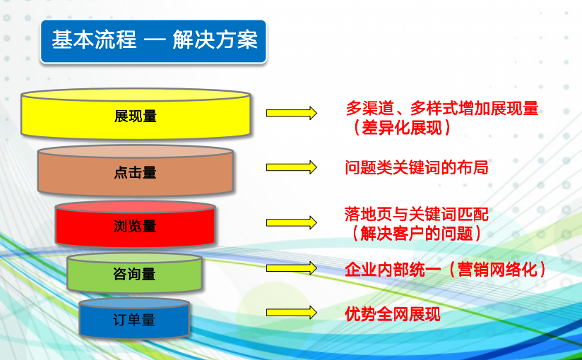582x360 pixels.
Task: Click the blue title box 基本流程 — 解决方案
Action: (153, 41)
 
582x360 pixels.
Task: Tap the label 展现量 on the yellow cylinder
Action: (136, 116)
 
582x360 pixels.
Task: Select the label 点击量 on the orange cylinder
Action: (136, 172)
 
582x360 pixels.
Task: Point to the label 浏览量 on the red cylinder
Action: (135, 226)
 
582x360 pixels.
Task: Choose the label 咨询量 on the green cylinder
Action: (134, 274)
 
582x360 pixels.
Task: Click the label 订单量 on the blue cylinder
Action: (134, 320)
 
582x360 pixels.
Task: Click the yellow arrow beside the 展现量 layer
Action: (292, 113)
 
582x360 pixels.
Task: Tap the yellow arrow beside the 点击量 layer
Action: (292, 167)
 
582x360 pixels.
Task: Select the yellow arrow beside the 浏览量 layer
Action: (292, 222)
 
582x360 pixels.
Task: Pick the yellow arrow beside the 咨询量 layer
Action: (292, 268)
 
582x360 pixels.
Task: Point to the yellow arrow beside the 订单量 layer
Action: (292, 313)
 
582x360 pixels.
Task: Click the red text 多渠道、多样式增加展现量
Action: (442, 108)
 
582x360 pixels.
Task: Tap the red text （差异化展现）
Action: (402, 128)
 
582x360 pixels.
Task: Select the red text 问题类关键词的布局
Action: (417, 167)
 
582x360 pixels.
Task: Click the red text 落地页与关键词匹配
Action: (417, 214)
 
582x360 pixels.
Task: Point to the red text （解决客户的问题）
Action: (417, 234)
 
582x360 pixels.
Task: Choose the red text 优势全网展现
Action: (393, 314)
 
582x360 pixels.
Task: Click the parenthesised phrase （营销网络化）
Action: (497, 269)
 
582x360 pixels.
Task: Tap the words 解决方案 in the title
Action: (215, 40)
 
